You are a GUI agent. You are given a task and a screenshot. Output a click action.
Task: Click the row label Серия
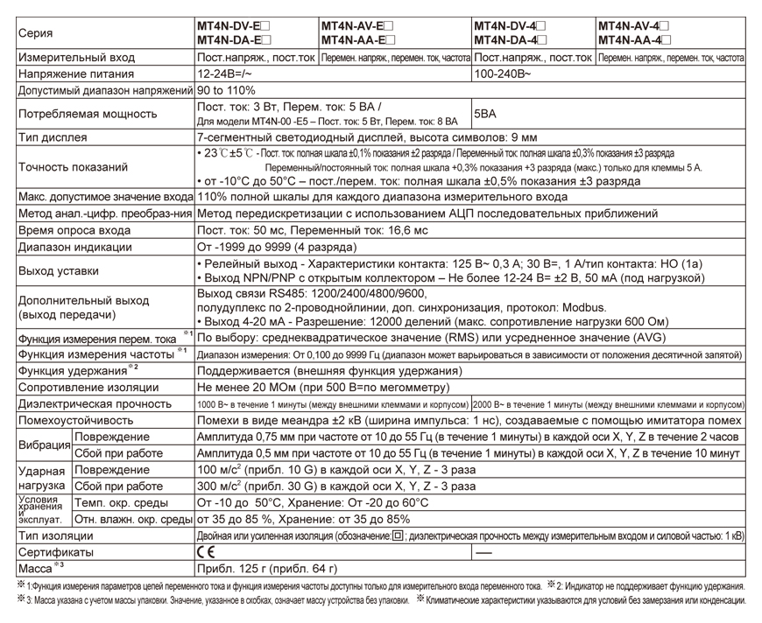point(35,33)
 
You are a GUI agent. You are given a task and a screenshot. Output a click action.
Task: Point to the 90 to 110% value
point(227,90)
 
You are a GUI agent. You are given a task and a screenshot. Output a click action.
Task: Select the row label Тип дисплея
point(53,137)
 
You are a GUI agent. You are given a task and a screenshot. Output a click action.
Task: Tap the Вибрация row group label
point(45,445)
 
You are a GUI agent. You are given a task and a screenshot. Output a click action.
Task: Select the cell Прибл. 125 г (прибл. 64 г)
point(266,569)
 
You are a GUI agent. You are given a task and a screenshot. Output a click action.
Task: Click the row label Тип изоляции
point(55,535)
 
